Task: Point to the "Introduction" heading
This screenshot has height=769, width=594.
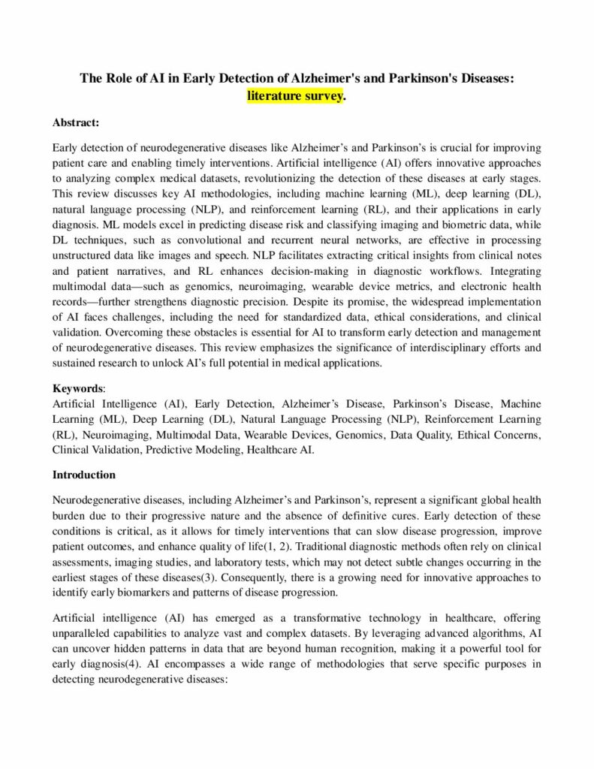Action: click(x=84, y=475)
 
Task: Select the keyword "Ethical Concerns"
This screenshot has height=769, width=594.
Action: click(x=499, y=436)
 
